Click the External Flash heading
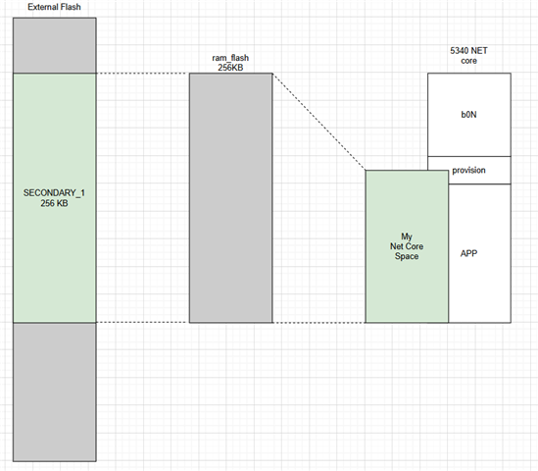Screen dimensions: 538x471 point(54,7)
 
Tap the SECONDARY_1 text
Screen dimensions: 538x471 point(54,192)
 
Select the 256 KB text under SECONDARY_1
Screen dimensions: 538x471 point(54,203)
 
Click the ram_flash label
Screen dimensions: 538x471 point(230,58)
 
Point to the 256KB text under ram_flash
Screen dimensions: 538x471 point(230,68)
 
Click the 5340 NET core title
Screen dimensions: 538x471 point(468,56)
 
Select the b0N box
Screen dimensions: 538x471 point(469,115)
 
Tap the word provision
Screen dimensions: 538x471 point(468,171)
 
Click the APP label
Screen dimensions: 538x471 point(468,253)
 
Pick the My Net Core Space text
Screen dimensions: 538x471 point(407,246)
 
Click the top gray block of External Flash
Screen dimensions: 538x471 point(55,45)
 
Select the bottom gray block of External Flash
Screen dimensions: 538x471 point(55,392)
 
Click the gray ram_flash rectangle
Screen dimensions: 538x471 point(231,198)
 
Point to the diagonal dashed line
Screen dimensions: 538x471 point(319,122)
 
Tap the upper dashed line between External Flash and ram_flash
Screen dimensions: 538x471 point(143,74)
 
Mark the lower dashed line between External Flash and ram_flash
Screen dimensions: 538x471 point(143,322)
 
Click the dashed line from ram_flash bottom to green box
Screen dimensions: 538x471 point(319,323)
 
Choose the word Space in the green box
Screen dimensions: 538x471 point(407,256)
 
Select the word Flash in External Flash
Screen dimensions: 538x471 point(70,7)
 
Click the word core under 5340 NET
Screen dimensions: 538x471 point(468,61)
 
